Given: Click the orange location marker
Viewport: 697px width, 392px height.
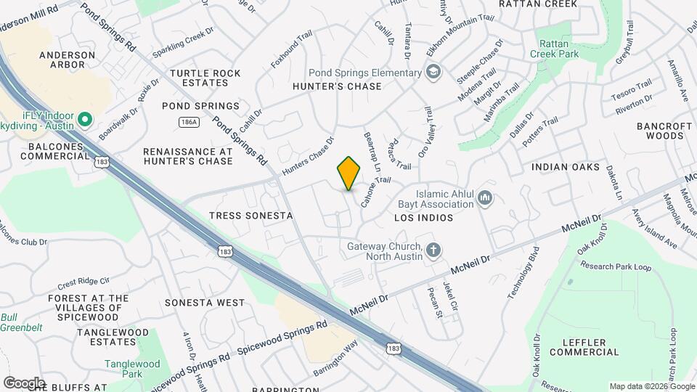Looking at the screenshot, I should pos(349,173).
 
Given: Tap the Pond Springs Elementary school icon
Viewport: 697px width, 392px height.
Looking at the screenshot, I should pos(433,72).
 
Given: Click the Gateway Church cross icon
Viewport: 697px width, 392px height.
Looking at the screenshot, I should pos(433,250).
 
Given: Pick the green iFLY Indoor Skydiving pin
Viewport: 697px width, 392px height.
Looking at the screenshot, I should pos(84,118).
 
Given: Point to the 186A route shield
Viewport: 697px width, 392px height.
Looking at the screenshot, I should pos(189,122).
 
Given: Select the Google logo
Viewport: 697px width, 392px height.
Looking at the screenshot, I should pos(24,383).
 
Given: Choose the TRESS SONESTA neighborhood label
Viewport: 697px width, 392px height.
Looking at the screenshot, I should pos(250,216).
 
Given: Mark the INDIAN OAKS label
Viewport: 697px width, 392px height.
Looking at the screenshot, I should pos(566,167).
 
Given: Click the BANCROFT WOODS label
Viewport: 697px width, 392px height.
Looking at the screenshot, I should pos(664,131).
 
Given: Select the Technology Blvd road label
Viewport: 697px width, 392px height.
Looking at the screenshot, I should pos(526,274).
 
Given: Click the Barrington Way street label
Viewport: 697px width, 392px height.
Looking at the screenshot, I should pos(335,356).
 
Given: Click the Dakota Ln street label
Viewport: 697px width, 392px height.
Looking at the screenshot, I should pos(617,185).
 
